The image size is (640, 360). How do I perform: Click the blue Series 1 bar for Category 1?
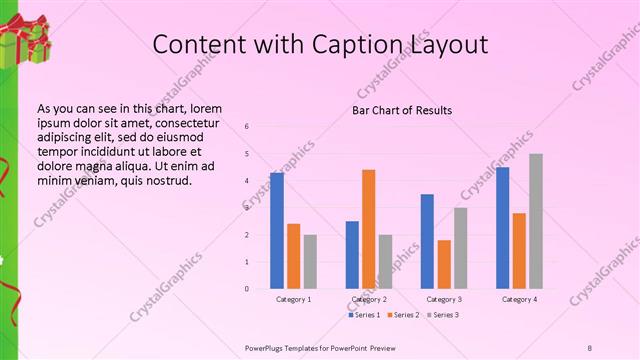(x=277, y=231)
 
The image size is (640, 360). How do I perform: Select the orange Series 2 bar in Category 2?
(x=368, y=229)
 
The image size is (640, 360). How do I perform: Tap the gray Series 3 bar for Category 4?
(x=536, y=221)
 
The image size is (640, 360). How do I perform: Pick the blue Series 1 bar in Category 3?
(x=427, y=241)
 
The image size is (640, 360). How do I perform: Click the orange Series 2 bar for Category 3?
(x=444, y=264)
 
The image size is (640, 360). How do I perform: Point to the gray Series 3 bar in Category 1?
(x=310, y=261)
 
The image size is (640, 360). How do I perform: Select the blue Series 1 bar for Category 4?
(x=503, y=228)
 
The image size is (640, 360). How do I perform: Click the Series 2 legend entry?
(x=402, y=315)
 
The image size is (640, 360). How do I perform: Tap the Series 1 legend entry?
(x=364, y=315)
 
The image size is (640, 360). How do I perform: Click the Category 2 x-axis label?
(x=368, y=299)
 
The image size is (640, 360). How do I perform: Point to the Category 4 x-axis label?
(x=519, y=299)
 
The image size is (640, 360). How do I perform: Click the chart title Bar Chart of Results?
(x=402, y=110)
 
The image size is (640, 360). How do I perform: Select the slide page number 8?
(x=590, y=347)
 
